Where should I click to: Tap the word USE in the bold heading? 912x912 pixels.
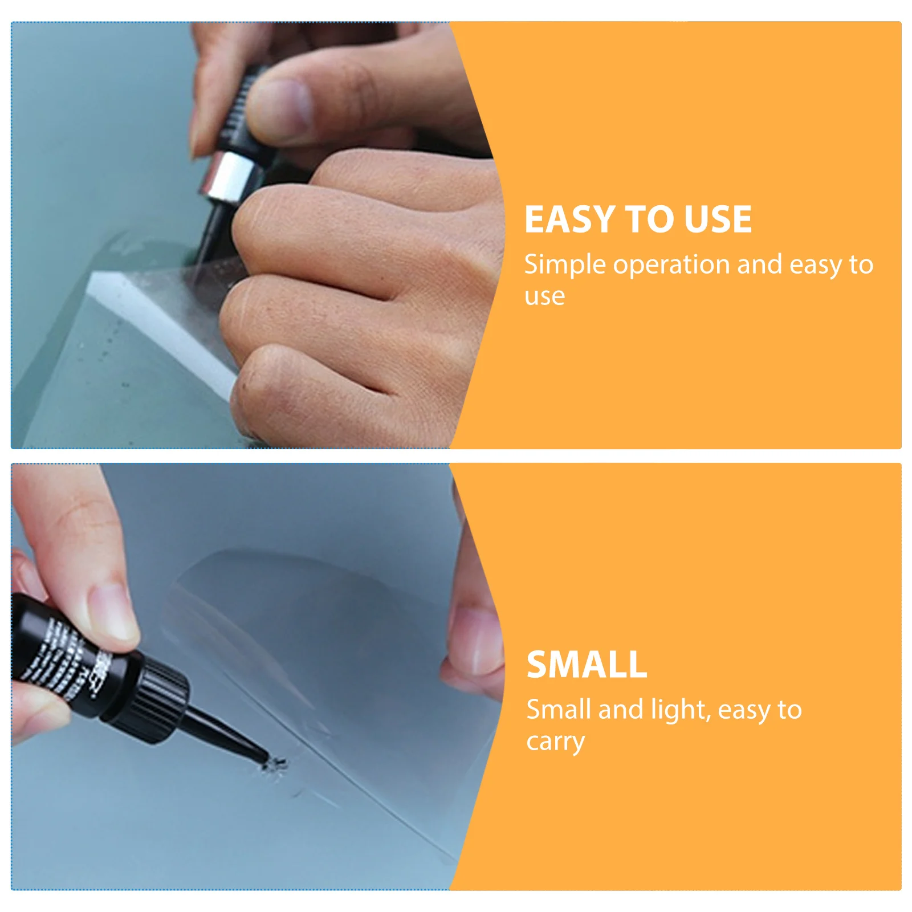pyautogui.click(x=717, y=219)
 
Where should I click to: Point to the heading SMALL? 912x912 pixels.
pyautogui.click(x=587, y=665)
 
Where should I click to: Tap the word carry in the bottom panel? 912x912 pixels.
pyautogui.click(x=555, y=742)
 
